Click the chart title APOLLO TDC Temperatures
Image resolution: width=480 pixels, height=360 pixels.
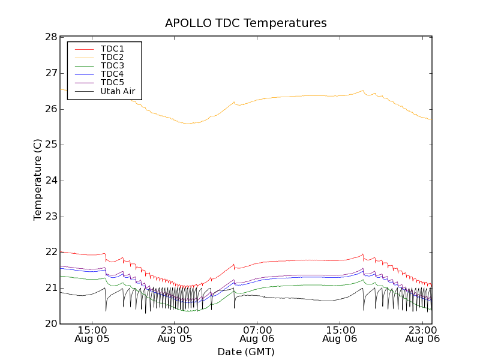[246, 23]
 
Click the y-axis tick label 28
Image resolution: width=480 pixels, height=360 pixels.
[50, 37]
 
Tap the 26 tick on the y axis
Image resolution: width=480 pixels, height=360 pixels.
[50, 109]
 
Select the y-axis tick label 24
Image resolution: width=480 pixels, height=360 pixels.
[50, 181]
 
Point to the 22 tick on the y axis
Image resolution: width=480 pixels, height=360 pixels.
[50, 253]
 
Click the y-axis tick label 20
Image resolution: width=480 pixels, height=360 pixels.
[50, 324]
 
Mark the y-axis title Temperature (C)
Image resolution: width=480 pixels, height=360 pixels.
[38, 180]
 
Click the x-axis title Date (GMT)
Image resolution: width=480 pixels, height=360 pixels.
[246, 352]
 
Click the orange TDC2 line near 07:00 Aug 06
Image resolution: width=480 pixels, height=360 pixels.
[257, 99]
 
